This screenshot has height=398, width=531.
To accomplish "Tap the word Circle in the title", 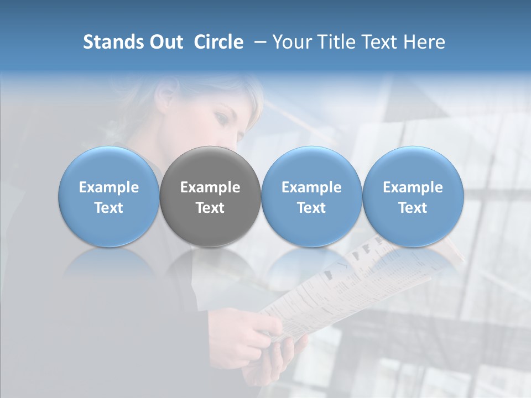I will [x=218, y=42].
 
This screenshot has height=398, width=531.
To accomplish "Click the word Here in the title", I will [x=425, y=42].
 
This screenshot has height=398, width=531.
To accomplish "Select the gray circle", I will [x=210, y=197].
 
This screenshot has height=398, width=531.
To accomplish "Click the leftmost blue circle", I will [x=108, y=197].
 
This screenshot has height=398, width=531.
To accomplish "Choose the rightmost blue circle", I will [x=413, y=197].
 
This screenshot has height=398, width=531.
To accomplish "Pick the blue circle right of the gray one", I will [x=311, y=197].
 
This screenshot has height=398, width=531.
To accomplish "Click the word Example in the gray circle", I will [x=210, y=187].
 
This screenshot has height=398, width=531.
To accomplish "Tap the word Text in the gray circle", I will [x=210, y=208].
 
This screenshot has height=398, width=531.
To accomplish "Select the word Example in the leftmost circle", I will [x=108, y=187].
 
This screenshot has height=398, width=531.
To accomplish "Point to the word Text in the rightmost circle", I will [x=413, y=208].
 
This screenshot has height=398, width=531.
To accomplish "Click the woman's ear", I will [x=165, y=98].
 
